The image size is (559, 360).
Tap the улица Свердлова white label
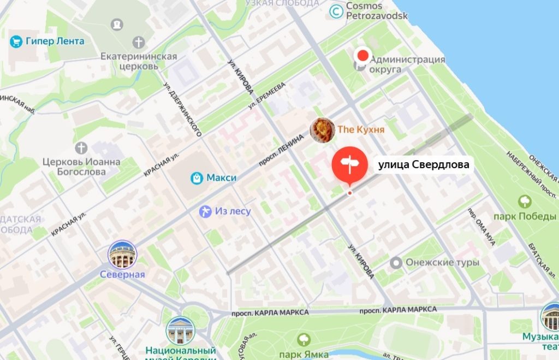coord(424,164)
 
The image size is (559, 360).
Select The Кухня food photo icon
coord(322,130)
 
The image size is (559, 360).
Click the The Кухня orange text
coord(361,129)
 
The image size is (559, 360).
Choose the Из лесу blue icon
coord(205,211)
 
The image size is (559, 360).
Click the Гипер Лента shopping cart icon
coord(16,42)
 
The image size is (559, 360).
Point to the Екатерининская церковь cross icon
coord(139,42)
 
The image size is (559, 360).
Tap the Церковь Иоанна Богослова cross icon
coord(81,147)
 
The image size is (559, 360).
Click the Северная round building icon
coord(122,254)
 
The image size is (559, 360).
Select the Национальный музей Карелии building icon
coord(181,331)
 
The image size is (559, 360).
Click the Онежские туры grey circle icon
coord(396,263)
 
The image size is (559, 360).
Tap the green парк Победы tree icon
coord(526,202)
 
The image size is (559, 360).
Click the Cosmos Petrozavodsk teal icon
coord(337,10)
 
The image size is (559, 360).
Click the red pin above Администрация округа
coord(362,55)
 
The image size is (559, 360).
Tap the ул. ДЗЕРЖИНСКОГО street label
coord(183,109)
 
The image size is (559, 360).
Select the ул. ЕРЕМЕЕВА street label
coord(267,95)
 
